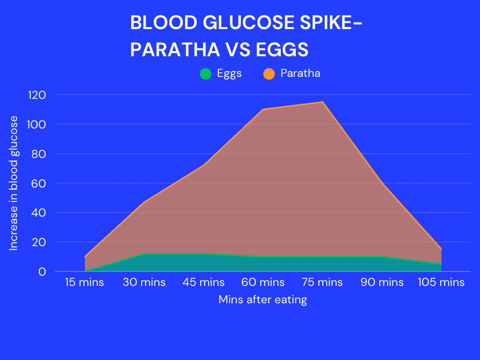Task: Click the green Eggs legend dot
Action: click(x=206, y=74)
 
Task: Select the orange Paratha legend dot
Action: click(x=269, y=74)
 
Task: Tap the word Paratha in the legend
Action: click(x=300, y=73)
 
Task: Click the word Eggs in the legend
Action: click(x=229, y=73)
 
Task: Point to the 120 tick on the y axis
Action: click(x=37, y=95)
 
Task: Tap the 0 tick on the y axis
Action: click(x=42, y=271)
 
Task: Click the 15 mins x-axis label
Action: click(x=84, y=282)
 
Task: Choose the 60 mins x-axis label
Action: click(x=263, y=282)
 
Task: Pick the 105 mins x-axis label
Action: click(x=441, y=282)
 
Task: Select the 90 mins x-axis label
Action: click(x=382, y=282)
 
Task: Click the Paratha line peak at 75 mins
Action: click(x=322, y=102)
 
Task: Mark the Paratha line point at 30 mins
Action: click(x=144, y=202)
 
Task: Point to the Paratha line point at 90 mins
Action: click(x=382, y=183)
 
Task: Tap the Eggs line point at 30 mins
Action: click(x=144, y=254)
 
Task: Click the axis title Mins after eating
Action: click(x=262, y=300)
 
